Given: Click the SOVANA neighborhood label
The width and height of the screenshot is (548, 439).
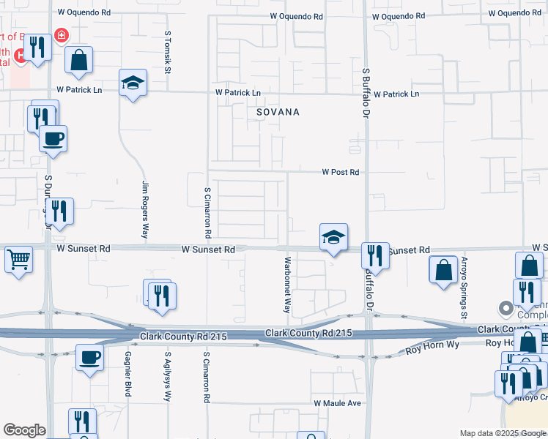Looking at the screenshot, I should coord(278,113).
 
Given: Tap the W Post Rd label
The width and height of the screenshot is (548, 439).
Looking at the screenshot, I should coord(341,173).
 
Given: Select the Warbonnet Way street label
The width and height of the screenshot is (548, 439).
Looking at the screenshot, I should coord(289,285).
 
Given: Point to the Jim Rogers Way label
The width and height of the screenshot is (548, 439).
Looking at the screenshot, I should coord(145,211).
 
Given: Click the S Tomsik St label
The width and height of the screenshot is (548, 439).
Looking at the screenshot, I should coord(168,53).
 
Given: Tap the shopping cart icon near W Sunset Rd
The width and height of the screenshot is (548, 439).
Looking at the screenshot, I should coord(19,258).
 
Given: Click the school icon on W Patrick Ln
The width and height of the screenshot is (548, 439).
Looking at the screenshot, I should coord(133,83).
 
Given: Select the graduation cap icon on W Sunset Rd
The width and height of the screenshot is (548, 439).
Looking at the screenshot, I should coord(333,237).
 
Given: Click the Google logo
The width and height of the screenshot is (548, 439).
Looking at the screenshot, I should coord(24,430).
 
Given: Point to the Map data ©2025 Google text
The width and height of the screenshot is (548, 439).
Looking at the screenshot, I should coord(503,433).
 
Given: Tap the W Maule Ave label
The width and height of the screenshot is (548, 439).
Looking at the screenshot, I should coord(338,403).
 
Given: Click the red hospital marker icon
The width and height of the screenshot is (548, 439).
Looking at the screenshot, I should coord(61,34).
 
